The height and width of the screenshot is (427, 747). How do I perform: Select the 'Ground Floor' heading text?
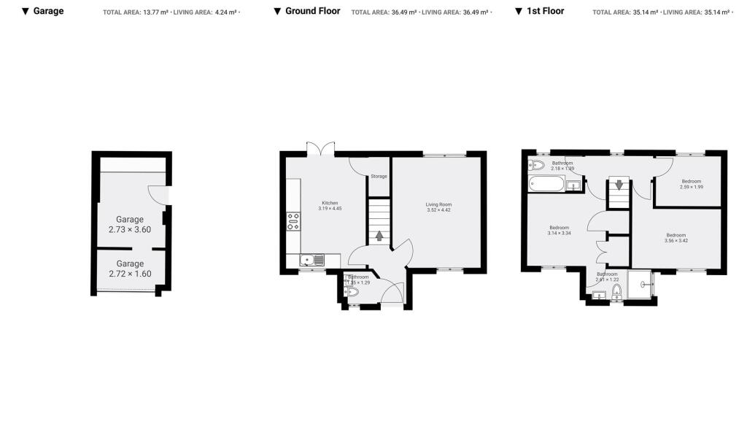[312, 11]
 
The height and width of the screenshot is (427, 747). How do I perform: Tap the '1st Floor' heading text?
[545, 11]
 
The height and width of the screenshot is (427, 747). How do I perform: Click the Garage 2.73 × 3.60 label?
[130, 224]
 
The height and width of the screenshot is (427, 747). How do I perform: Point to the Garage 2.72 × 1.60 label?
[130, 269]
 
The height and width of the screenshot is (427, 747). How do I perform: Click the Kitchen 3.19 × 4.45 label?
[330, 206]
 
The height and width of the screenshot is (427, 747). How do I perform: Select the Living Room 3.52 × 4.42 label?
[439, 207]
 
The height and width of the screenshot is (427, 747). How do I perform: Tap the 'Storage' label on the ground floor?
[379, 176]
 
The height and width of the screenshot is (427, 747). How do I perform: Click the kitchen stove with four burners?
[294, 221]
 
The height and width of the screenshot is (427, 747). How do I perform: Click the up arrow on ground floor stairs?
[379, 235]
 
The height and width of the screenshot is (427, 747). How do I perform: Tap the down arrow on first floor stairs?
[619, 185]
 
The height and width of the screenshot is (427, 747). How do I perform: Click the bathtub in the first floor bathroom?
[546, 184]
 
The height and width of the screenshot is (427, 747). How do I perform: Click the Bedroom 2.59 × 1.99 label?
[691, 184]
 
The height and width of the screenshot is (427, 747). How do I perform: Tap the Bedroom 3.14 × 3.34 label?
[559, 230]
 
